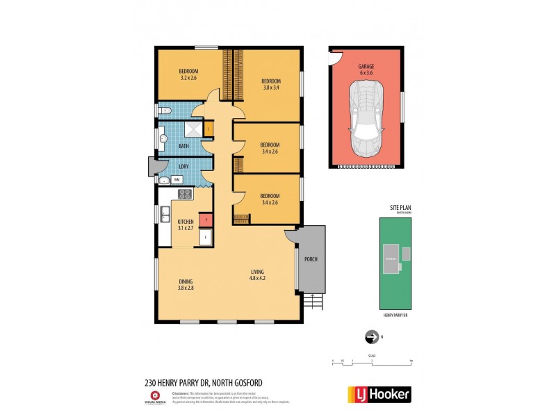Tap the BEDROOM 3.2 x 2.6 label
coord(188,74)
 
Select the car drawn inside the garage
coord(366,118)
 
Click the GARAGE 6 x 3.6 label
coord(366,69)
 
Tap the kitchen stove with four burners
coord(185,194)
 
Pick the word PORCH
coord(311,259)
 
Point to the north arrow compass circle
coord(370,337)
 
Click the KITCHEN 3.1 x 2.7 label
coord(185,226)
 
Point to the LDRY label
coord(184,167)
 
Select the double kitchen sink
coord(165,215)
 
